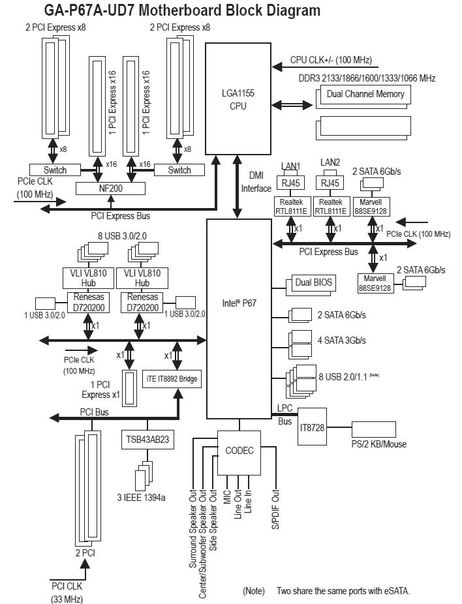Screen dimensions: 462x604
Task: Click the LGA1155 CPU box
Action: [x=238, y=98]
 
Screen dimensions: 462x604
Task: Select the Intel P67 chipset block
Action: [x=239, y=319]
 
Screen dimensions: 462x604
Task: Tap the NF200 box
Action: [x=110, y=189]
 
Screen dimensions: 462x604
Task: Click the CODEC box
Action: [x=239, y=453]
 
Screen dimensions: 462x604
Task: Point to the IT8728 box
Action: [x=312, y=427]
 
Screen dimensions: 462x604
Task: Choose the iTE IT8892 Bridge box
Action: [x=172, y=379]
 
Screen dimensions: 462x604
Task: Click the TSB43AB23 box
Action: [x=147, y=440]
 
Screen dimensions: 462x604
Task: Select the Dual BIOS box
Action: [x=314, y=282]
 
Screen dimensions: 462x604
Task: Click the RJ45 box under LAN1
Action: [x=290, y=183]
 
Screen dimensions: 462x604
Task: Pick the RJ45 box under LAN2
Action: [x=330, y=183]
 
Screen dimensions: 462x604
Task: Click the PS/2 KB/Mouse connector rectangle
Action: [x=374, y=429]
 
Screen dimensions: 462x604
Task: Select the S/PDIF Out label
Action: [x=275, y=509]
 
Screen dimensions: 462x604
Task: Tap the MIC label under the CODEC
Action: [x=227, y=496]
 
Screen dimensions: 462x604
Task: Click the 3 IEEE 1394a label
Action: [x=142, y=498]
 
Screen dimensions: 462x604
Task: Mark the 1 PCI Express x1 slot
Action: [x=129, y=389]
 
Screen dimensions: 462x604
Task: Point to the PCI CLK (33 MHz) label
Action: [x=67, y=592]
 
